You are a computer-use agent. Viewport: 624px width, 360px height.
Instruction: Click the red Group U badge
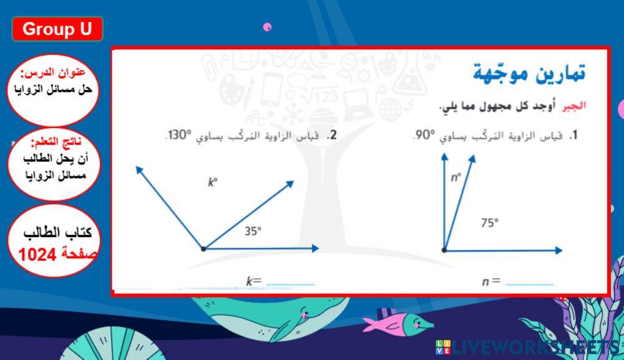click(x=57, y=29)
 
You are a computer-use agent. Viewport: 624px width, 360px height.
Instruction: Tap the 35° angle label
click(x=252, y=231)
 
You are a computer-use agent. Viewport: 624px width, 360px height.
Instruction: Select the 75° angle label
click(x=489, y=223)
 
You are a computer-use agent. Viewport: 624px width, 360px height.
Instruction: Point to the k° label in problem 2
click(x=213, y=182)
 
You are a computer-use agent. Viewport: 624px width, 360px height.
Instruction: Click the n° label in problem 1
click(x=456, y=177)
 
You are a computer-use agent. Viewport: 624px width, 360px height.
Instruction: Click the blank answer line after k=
click(x=290, y=282)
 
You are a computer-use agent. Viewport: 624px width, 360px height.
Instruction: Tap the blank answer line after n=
click(x=529, y=282)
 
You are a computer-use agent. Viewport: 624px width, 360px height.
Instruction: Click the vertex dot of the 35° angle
click(x=203, y=249)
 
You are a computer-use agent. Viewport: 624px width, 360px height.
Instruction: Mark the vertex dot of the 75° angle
click(x=444, y=250)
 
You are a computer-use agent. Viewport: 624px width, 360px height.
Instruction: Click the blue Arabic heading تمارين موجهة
click(x=529, y=74)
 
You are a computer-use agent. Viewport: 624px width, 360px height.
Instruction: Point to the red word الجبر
click(x=575, y=106)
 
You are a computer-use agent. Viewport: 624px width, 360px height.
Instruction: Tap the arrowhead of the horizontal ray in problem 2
click(x=315, y=248)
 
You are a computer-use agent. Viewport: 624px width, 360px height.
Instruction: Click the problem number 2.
click(x=333, y=135)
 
